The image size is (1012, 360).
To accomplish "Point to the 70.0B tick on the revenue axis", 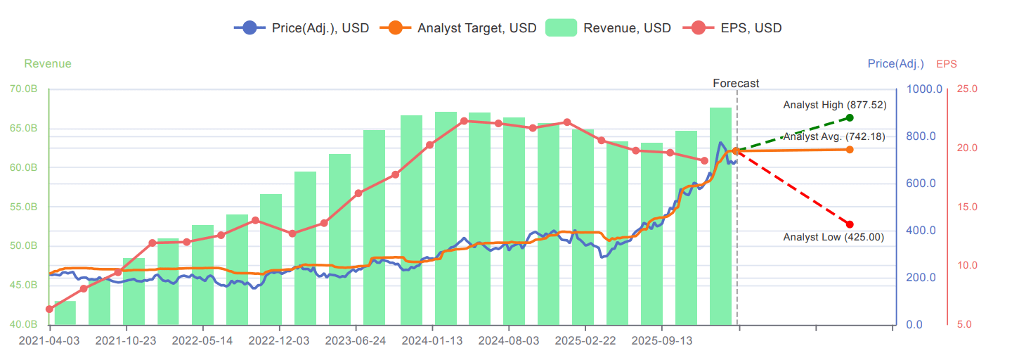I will coord(24,89).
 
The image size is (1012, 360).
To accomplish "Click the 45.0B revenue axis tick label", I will coord(24,285).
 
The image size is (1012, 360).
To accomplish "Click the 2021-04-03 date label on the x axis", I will coord(50,341).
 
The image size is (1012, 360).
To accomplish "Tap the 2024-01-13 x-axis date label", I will coord(432,341).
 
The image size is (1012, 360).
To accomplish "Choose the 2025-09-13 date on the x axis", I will coord(661,341).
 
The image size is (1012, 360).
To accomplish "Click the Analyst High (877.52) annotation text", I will coord(835,105).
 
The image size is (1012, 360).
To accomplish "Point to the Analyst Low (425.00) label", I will coord(833,238).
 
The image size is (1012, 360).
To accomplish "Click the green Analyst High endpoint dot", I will coord(850,117).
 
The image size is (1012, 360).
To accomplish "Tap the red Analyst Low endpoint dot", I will coord(850,224).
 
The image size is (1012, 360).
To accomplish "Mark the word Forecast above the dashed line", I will coord(736,83).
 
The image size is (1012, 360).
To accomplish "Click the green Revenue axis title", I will coord(48,64).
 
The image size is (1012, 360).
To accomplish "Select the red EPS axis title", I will coord(946,64).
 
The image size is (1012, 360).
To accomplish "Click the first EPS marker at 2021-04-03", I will coord(49,309).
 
